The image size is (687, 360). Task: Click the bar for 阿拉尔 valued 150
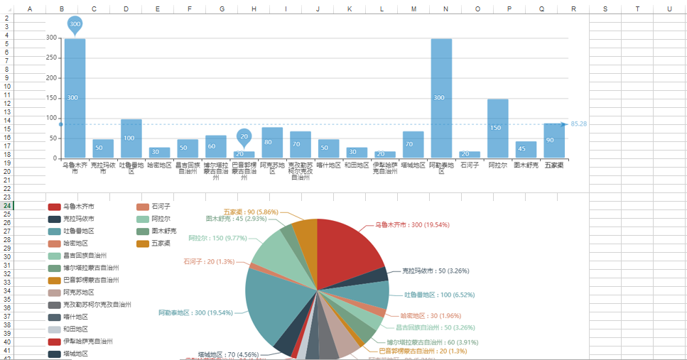(x=497, y=129)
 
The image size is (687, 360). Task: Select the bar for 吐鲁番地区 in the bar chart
(x=131, y=138)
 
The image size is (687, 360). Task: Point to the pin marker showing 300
(x=75, y=24)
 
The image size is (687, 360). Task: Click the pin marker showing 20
(x=244, y=136)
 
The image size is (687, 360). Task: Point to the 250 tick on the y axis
(x=52, y=58)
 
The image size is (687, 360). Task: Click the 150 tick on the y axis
(x=52, y=98)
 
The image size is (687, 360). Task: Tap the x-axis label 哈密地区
(x=159, y=165)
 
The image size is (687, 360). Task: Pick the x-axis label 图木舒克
(x=526, y=165)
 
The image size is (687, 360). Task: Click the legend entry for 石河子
(x=161, y=207)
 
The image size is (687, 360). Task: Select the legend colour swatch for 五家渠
(x=143, y=244)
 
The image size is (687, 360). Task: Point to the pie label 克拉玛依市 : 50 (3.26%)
(x=436, y=271)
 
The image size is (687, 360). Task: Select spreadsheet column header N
(x=445, y=9)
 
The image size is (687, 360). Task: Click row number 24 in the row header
(x=7, y=205)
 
